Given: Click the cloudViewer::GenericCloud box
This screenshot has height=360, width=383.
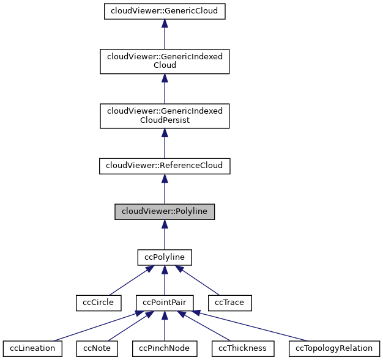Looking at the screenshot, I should [165, 11].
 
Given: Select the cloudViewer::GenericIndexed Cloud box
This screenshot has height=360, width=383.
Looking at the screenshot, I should [165, 61].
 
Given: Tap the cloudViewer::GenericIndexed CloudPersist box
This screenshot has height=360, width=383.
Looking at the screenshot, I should [165, 115].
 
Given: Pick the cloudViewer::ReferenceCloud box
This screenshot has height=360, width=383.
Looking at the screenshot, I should [165, 166].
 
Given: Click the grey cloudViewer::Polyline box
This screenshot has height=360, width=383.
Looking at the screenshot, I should [165, 211].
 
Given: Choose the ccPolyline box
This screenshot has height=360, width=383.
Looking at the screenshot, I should [165, 257].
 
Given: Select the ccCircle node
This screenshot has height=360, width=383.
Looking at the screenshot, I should [95, 302].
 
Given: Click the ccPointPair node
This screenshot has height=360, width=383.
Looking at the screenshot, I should [165, 302].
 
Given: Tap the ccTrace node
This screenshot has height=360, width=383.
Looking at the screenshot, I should [230, 302].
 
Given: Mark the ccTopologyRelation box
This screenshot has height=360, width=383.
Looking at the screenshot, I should [334, 348].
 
